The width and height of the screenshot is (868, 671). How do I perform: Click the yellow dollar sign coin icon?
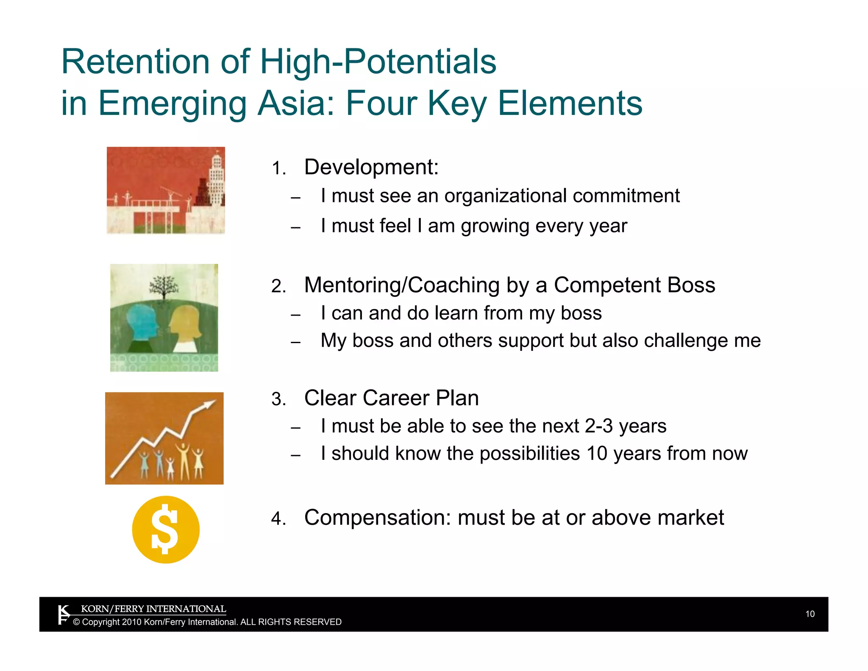pos(165,529)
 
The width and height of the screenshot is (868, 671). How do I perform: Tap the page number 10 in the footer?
pos(810,614)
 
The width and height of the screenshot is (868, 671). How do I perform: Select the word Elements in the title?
pos(570,103)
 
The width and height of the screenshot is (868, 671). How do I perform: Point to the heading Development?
pos(371,167)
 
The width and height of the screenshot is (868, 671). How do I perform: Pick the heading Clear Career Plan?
pos(391,398)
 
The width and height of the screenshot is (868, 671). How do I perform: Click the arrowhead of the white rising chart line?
pos(210,404)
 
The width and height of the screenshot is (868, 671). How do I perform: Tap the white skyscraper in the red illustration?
pos(216,178)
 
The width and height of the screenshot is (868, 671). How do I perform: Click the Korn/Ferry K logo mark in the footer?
pos(64,615)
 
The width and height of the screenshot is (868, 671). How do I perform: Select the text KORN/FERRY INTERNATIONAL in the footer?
pos(153,609)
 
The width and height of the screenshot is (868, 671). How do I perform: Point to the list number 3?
pos(278,400)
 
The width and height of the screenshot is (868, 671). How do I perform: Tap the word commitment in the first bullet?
pos(626,196)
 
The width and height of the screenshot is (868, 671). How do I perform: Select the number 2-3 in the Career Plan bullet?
pos(598,426)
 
